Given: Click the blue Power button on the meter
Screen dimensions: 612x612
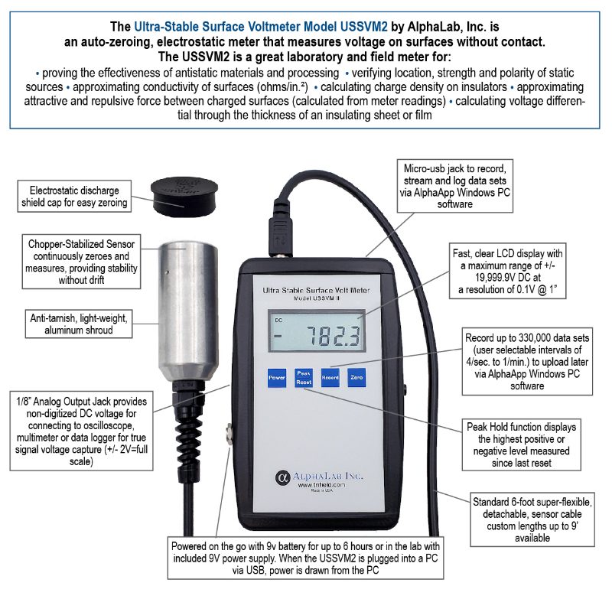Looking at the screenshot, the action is [x=277, y=377].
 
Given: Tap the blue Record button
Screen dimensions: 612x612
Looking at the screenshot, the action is [x=330, y=377].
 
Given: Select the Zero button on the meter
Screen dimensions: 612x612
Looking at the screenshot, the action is [x=356, y=377].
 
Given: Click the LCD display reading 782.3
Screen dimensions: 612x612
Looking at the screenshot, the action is [x=317, y=331].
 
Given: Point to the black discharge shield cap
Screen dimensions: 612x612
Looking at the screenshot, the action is [x=184, y=197].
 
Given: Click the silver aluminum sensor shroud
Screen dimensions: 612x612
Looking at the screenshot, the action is [x=188, y=311].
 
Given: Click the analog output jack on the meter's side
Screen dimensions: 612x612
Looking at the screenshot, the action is [x=229, y=435].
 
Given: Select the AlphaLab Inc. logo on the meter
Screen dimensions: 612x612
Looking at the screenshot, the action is [x=319, y=477].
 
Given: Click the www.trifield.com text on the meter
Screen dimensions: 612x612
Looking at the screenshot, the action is [x=321, y=485].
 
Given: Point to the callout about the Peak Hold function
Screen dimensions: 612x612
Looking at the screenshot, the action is [x=522, y=444].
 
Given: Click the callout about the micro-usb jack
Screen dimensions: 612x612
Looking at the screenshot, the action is [x=454, y=186].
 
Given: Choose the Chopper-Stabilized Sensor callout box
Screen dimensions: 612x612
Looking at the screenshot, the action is [x=81, y=262].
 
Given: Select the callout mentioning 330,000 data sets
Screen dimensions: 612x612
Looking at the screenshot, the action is [x=527, y=361].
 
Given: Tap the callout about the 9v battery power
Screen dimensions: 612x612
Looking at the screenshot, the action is [x=305, y=558].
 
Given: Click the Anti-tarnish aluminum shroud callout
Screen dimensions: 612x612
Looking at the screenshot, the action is [x=79, y=324].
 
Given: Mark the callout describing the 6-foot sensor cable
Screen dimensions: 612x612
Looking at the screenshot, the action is [x=532, y=519].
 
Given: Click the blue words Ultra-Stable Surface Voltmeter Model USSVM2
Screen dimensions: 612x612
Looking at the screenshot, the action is [x=261, y=27].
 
